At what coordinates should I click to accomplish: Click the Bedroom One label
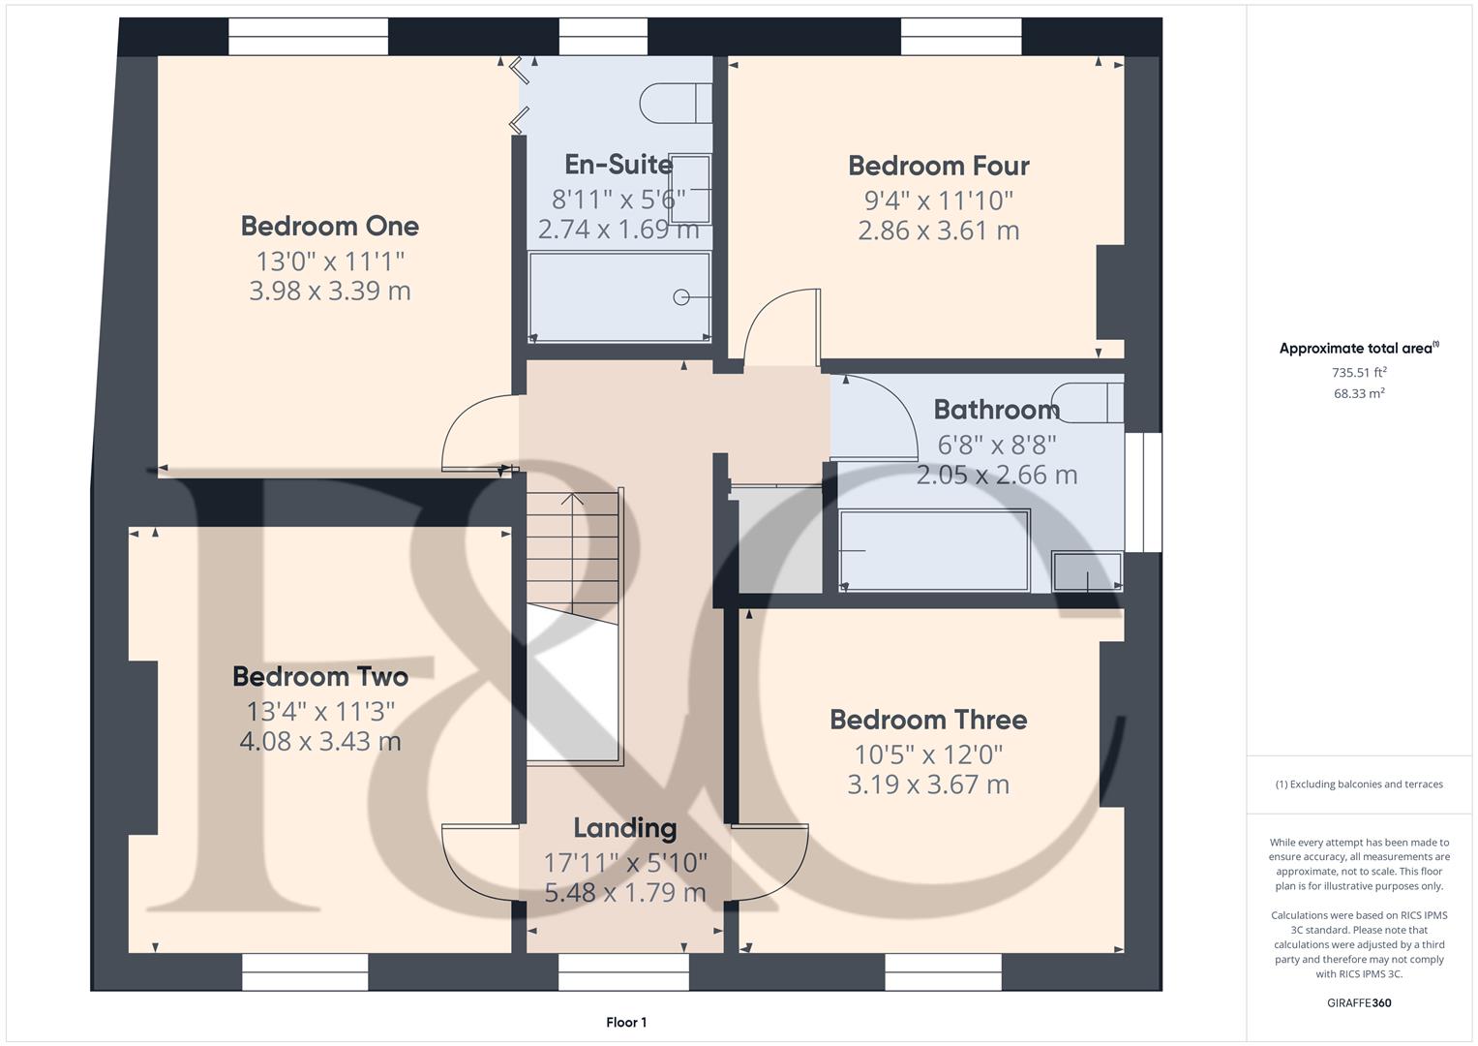pos(329,227)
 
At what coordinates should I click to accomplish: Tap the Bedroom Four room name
pos(938,166)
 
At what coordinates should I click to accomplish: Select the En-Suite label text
pos(618,164)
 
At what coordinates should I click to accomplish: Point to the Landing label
pos(624,828)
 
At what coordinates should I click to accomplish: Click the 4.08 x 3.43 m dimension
pos(319,742)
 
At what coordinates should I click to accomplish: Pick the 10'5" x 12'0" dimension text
pos(927,754)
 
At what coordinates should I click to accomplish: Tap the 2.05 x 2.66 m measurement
pos(996,475)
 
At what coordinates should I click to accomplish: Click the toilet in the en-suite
pos(675,104)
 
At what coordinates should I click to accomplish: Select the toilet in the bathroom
pos(1089,403)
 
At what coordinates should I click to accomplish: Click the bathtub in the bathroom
pos(934,550)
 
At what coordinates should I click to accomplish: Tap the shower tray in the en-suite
pos(619,296)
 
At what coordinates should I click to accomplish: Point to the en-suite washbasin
pos(690,188)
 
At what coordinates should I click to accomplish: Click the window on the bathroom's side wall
pos(1143,492)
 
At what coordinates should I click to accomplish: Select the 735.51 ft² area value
pos(1359,372)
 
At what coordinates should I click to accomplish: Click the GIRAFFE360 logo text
pos(1358,1003)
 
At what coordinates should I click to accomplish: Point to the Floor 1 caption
pos(626,1023)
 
